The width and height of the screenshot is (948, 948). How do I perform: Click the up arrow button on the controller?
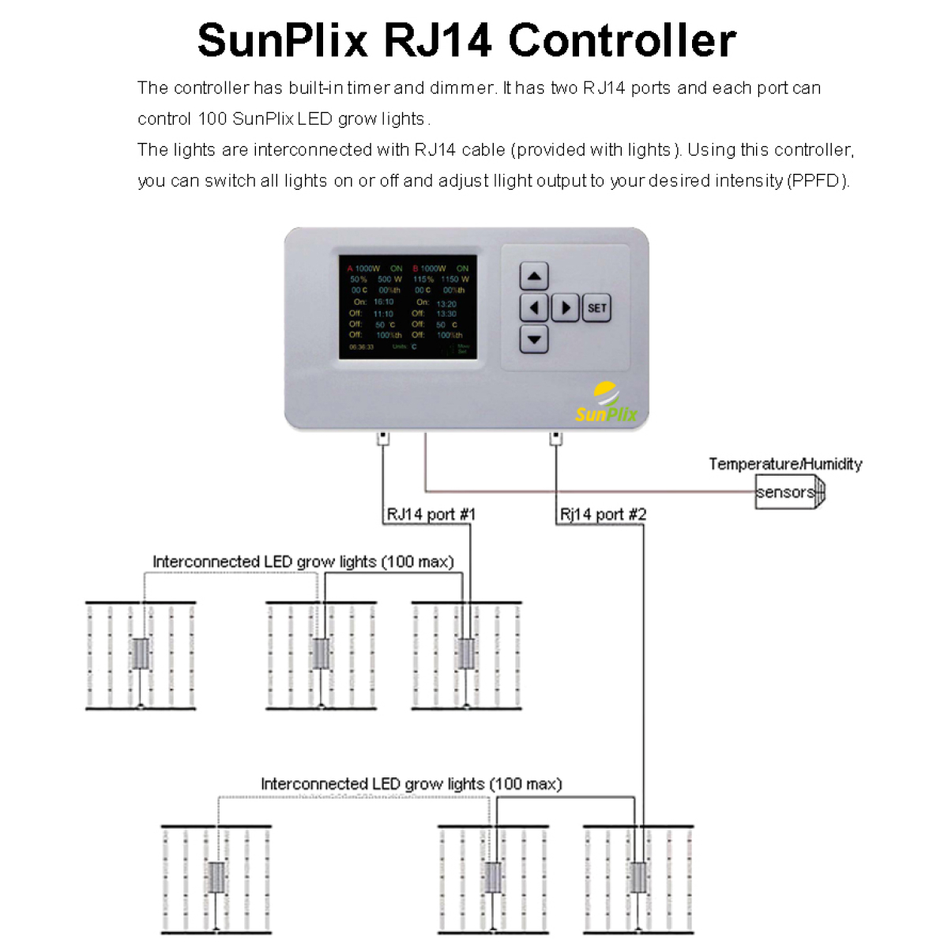point(534,276)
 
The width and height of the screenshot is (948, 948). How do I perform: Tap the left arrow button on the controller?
point(534,307)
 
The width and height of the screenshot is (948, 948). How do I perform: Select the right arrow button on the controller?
point(565,307)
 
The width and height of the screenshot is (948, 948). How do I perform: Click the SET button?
point(597,308)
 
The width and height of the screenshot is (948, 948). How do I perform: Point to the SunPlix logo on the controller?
point(606,404)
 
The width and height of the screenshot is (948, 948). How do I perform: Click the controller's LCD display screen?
point(408,307)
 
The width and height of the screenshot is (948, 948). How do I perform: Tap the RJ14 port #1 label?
point(431,514)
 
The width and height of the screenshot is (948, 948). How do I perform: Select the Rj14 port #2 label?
point(603,514)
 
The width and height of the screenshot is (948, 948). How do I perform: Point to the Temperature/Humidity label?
point(785,464)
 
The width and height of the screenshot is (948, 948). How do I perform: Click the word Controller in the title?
point(622,40)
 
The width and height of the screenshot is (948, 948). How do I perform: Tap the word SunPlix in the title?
point(283,40)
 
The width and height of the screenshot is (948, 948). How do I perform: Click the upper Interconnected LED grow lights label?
point(303,562)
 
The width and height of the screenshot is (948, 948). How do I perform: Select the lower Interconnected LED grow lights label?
point(412,784)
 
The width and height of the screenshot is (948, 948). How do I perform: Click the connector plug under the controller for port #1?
point(383,438)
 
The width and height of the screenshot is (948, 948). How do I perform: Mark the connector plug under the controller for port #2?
point(556,438)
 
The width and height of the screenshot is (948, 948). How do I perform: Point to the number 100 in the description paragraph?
point(213,119)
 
